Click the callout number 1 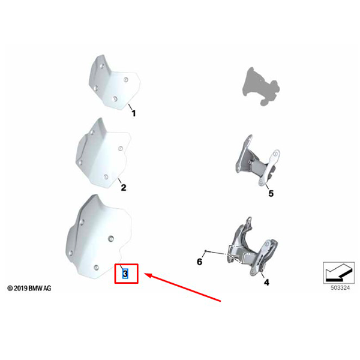pos(134,113)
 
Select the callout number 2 pos(124,188)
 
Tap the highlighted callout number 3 pos(125,274)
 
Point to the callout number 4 pos(266,282)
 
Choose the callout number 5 pos(270,194)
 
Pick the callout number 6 pos(200,262)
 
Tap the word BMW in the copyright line pos(36,289)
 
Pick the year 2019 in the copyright pos(20,289)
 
